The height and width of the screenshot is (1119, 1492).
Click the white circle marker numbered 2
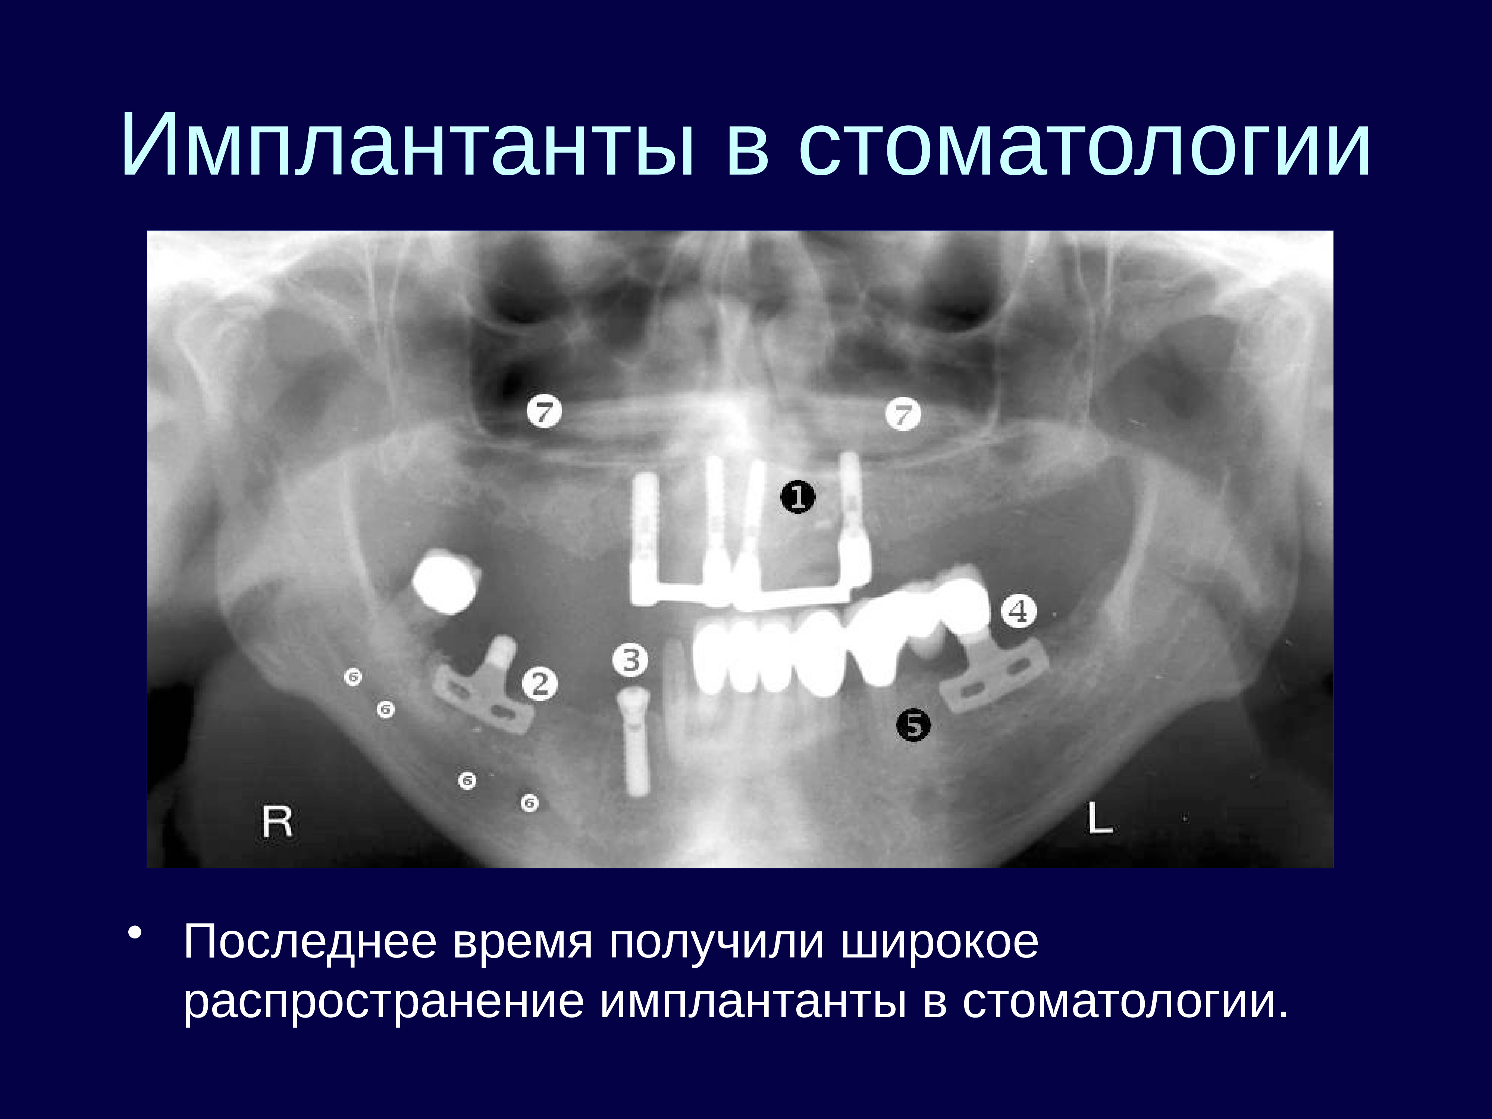(540, 684)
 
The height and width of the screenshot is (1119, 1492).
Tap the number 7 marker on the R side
(544, 411)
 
